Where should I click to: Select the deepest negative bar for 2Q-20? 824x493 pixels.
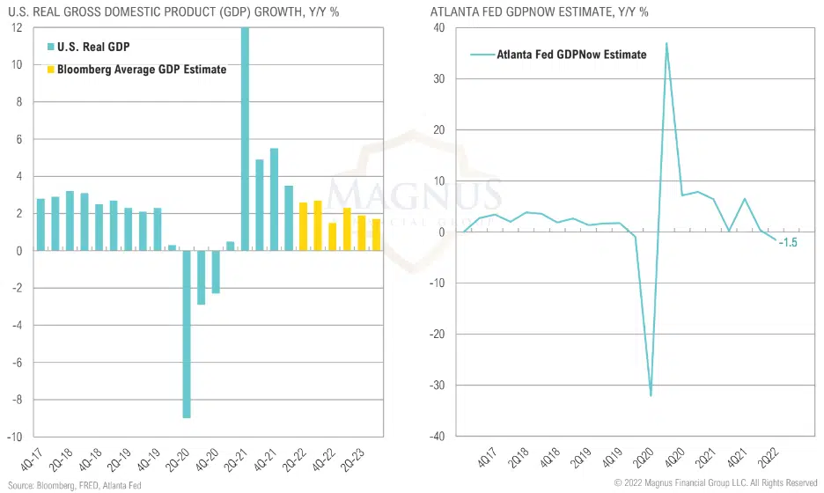[x=187, y=334]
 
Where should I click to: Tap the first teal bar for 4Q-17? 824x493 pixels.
[x=40, y=224]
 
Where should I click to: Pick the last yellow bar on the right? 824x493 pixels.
[x=376, y=234]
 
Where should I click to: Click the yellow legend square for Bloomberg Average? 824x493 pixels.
[x=50, y=70]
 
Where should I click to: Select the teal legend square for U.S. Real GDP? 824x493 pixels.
[x=50, y=47]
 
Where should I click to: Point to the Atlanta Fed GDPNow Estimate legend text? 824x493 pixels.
[x=571, y=55]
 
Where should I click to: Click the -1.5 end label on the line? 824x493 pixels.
[x=788, y=242]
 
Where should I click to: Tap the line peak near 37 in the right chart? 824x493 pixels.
[x=666, y=43]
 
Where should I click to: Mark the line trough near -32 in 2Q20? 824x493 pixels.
[x=651, y=395]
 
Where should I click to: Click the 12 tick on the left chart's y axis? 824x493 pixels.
[x=16, y=28]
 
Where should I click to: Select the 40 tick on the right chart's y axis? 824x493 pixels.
[x=438, y=28]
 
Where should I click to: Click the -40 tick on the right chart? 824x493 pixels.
[x=437, y=437]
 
